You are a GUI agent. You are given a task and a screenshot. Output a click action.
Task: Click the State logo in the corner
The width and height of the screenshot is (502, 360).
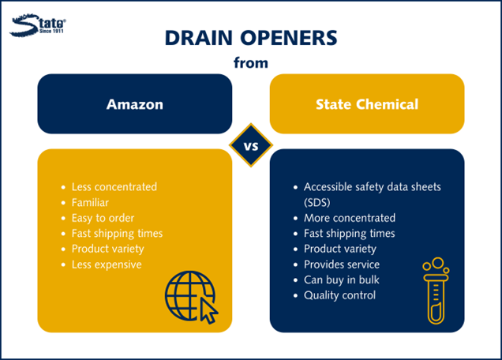[38, 25]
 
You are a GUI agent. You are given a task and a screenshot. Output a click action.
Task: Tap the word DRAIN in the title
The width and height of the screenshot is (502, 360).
[198, 38]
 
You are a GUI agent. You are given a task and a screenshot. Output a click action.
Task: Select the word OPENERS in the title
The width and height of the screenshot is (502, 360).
[289, 38]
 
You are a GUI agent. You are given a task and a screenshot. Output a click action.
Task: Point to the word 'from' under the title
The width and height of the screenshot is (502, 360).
[251, 63]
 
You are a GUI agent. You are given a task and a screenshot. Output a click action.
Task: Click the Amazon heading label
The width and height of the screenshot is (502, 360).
[135, 104]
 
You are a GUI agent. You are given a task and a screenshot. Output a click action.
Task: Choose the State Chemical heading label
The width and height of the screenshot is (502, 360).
[367, 104]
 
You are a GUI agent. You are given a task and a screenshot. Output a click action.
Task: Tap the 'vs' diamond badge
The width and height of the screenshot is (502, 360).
[251, 145]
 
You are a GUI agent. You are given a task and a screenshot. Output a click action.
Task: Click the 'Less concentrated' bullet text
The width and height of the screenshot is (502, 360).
[114, 187]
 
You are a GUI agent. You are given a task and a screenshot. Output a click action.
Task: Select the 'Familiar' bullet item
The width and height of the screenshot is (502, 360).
[90, 202]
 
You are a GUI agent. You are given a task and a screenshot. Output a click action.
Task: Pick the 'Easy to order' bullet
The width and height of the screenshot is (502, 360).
[103, 218]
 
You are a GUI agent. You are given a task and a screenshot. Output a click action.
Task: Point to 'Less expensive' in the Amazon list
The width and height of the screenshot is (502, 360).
[107, 264]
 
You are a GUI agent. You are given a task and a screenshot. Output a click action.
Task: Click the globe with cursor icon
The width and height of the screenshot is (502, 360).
[192, 298]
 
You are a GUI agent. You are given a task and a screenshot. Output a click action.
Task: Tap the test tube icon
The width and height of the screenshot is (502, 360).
[436, 291]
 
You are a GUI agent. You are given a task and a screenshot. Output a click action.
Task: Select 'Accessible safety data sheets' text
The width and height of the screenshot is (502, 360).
[373, 187]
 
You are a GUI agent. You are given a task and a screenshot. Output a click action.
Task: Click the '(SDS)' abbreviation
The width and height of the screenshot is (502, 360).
[317, 202]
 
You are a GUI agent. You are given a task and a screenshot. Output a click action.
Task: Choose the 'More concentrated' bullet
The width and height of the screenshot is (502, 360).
[350, 218]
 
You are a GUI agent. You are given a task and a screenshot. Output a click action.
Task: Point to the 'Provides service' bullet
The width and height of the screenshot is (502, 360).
[342, 264]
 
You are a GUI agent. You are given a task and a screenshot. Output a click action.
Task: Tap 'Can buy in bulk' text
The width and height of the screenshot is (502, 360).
[342, 280]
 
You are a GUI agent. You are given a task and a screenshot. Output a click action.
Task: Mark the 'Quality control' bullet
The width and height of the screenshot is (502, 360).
[339, 295]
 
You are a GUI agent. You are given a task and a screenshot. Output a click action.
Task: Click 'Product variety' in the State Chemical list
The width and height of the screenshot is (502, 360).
[340, 249]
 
